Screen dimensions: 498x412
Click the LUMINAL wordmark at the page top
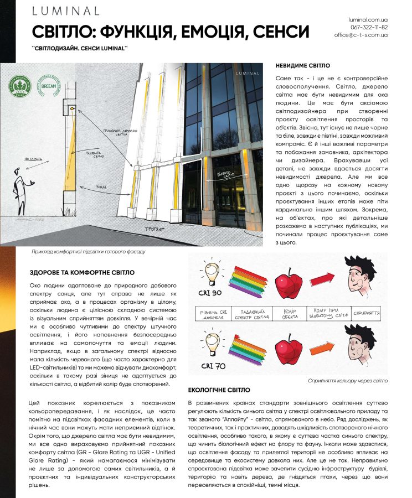tap(65, 11)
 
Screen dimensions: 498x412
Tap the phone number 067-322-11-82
tap(369, 27)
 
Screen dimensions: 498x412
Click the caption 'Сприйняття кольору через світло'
tap(348, 381)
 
